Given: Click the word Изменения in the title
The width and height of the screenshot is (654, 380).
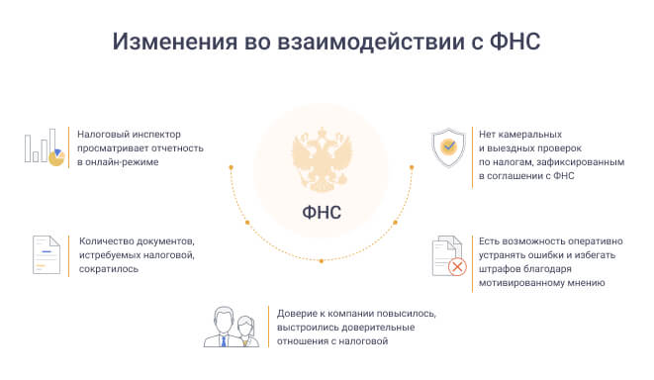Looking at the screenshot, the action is [175, 42].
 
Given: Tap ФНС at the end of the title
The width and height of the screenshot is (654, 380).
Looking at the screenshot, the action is [514, 42].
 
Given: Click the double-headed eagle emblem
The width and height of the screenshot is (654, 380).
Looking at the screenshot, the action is [322, 159].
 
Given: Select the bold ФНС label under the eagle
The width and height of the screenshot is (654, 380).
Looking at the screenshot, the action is [322, 213].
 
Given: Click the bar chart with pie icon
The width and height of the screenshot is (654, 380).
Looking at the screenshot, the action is [45, 147].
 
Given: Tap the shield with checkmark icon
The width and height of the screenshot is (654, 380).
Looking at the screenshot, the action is [448, 147].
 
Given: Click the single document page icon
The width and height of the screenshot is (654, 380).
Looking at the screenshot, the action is [47, 255].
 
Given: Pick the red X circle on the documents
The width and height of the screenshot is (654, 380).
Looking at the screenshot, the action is [457, 266].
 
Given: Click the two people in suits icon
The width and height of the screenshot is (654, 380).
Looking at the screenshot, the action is [232, 327].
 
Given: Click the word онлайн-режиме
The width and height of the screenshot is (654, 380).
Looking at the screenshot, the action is [122, 162].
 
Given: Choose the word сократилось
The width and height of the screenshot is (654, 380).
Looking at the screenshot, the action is [109, 269].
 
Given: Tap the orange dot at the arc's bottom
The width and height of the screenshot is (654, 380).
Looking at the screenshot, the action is [322, 261].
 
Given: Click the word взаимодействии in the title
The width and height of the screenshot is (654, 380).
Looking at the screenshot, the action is [371, 42].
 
